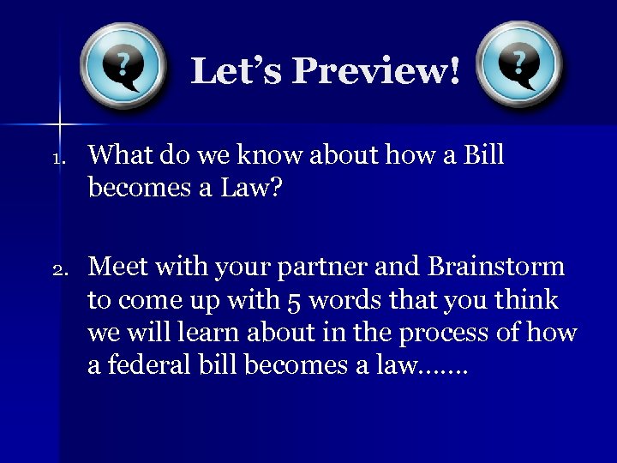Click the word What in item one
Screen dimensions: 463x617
118,155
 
